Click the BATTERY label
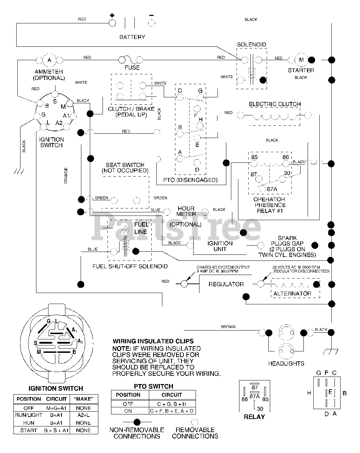[x=132, y=37]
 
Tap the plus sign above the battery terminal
[x=112, y=15]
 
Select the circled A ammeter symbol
[x=49, y=60]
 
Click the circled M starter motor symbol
[x=301, y=60]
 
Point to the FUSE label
[x=132, y=68]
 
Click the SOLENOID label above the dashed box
[x=251, y=45]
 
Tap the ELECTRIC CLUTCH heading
[x=275, y=104]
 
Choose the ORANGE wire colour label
[x=66, y=176]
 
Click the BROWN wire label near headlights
[x=228, y=327]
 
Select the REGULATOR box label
[x=226, y=284]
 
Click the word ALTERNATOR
[x=292, y=293]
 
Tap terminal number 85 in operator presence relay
[x=254, y=157]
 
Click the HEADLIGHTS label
[x=286, y=363]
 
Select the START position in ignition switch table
[x=28, y=430]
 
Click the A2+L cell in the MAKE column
[x=83, y=415]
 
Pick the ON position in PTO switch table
[x=128, y=411]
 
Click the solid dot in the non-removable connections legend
[x=137, y=422]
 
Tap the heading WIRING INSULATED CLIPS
[x=153, y=341]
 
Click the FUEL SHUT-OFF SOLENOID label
[x=130, y=266]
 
